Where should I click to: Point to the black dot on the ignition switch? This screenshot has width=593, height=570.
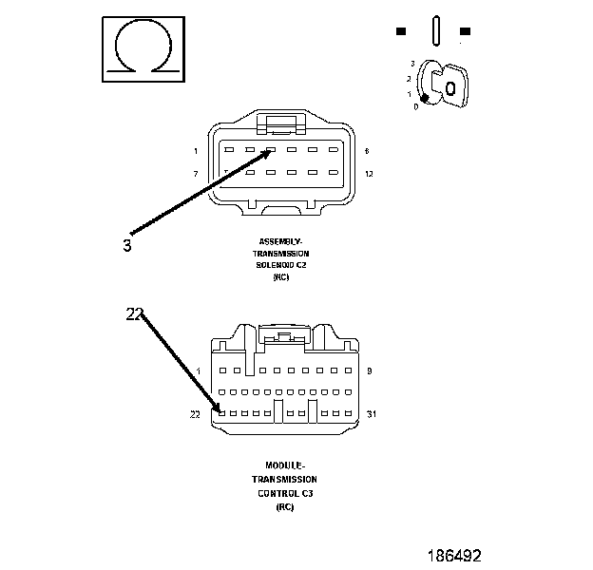(x=425, y=98)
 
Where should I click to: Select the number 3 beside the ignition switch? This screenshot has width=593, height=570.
(x=412, y=63)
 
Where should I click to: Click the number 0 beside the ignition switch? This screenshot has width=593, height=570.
(x=415, y=106)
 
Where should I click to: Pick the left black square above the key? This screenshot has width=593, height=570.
(x=401, y=31)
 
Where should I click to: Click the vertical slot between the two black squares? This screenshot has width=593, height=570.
(x=433, y=29)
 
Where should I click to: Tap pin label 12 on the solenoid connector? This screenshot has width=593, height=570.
(x=369, y=174)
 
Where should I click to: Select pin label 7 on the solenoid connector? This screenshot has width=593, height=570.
(x=195, y=174)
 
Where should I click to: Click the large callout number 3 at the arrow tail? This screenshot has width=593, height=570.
(x=127, y=245)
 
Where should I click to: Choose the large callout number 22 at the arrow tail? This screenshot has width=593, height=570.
(x=134, y=313)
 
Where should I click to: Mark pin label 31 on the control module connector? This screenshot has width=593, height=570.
(x=372, y=414)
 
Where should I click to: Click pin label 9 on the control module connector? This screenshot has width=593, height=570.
(x=368, y=370)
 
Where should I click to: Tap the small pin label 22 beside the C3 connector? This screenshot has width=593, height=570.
(x=196, y=414)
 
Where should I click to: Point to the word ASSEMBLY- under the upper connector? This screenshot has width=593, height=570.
(x=280, y=241)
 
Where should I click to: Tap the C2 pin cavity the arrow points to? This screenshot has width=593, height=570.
(x=270, y=149)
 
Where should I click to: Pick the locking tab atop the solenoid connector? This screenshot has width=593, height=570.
(x=280, y=123)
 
